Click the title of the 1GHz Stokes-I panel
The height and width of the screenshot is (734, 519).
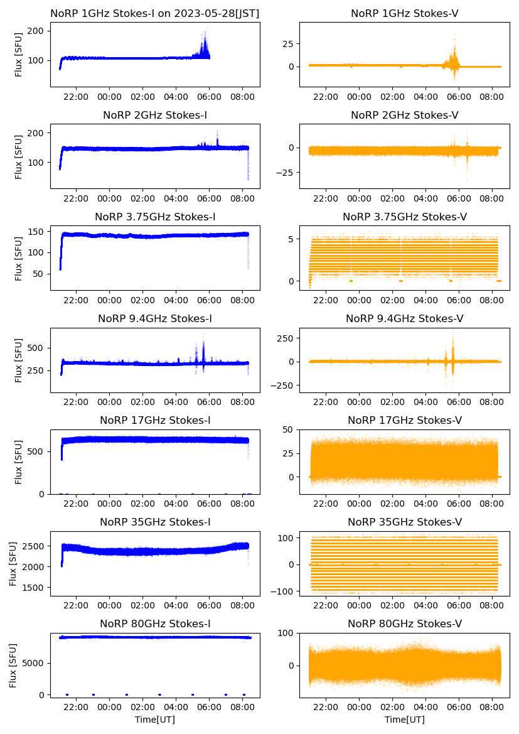coord(155,13)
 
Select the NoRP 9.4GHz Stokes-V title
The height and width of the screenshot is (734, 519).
coord(405,319)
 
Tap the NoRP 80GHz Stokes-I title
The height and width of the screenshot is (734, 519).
coord(155,623)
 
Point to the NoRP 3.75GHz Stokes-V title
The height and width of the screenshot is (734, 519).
coord(405,217)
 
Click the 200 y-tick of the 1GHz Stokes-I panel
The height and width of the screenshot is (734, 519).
coord(41,31)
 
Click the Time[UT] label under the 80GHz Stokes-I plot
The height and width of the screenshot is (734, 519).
coord(155,720)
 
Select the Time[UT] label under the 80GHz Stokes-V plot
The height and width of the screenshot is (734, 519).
coord(405,720)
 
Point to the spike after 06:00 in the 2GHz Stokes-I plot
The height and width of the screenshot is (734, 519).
coord(218,132)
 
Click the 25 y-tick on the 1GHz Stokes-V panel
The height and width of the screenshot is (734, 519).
coord(289,44)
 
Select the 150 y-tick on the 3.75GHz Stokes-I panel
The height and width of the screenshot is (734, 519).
coord(41,232)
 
